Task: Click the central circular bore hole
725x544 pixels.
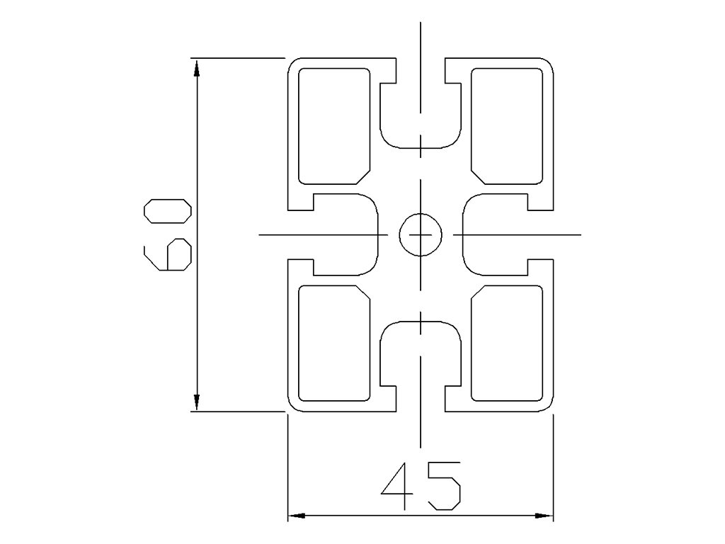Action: click(x=421, y=234)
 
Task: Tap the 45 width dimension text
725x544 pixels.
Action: click(x=421, y=486)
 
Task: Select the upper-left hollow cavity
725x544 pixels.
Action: click(x=334, y=125)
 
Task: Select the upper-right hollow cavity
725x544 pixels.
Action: click(x=507, y=125)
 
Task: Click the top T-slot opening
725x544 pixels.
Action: click(x=421, y=106)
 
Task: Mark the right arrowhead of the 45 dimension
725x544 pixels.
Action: click(x=544, y=516)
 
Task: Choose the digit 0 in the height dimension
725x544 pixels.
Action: click(x=167, y=212)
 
